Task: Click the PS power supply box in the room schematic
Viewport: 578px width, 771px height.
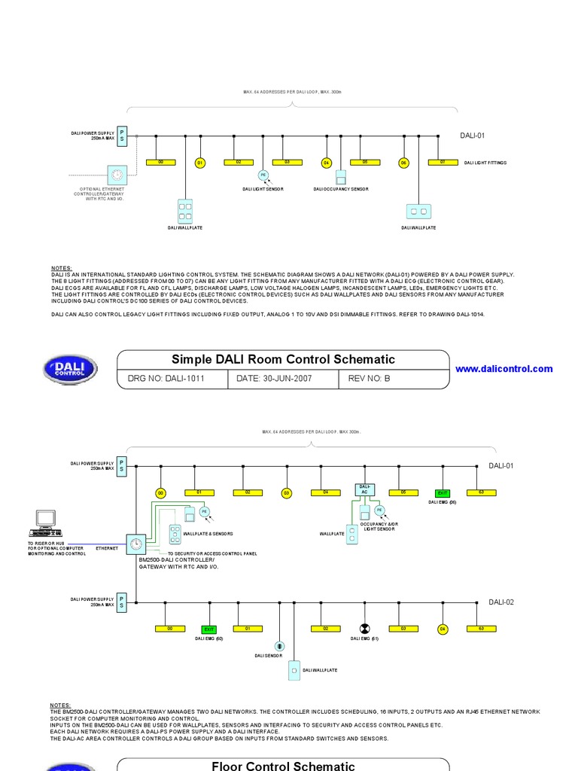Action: pyautogui.click(x=122, y=136)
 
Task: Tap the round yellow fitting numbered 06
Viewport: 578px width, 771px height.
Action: pyautogui.click(x=403, y=163)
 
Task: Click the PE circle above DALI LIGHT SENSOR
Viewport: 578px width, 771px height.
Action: pyautogui.click(x=263, y=175)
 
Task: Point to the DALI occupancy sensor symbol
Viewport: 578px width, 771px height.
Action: pyautogui.click(x=341, y=178)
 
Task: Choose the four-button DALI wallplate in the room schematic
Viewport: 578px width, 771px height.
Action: pyautogui.click(x=185, y=210)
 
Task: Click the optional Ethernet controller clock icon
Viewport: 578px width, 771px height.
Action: pyautogui.click(x=117, y=175)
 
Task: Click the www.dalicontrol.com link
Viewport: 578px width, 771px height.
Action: pyautogui.click(x=503, y=369)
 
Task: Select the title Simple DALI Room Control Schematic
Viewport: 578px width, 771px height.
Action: pyautogui.click(x=283, y=360)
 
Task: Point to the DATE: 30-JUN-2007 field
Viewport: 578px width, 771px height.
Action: pyautogui.click(x=274, y=379)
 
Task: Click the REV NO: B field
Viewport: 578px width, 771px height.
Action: pyautogui.click(x=370, y=379)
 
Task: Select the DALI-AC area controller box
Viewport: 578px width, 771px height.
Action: pyautogui.click(x=364, y=489)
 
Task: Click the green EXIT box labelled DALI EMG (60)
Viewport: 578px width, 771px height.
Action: pyautogui.click(x=208, y=628)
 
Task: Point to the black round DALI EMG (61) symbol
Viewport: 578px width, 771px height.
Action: pyautogui.click(x=364, y=628)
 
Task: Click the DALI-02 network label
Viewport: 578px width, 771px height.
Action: pyautogui.click(x=502, y=602)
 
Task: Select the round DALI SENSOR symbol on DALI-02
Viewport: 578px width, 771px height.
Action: pyautogui.click(x=279, y=646)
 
